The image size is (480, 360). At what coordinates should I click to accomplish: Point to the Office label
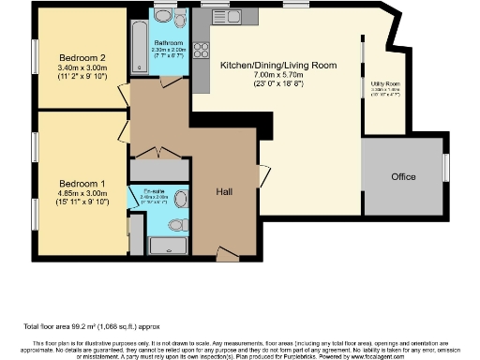(x=404, y=176)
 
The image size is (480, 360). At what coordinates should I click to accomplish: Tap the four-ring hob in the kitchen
(x=200, y=52)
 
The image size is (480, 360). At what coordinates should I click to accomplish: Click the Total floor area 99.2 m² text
(x=92, y=326)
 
